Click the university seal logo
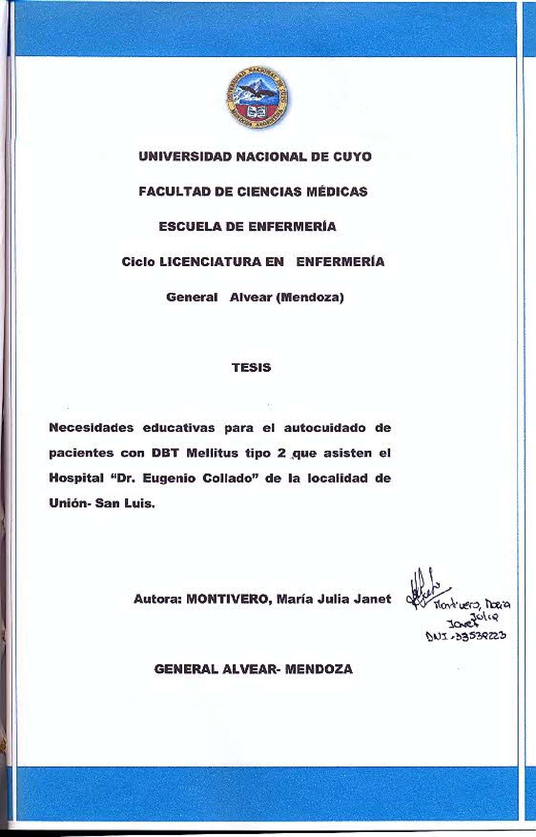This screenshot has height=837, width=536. coord(257,98)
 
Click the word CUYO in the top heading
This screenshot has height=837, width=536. coord(352,157)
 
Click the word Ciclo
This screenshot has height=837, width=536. coord(138,262)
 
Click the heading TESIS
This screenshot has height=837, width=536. coord(251,368)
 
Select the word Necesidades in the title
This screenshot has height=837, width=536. coord(91,428)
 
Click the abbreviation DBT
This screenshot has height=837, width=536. coord(165,453)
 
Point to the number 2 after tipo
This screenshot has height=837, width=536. coord(281,453)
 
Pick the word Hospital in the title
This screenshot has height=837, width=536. coord(76,478)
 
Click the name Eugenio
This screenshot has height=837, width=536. coord(169,479)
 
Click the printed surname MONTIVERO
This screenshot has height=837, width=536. coord(229,599)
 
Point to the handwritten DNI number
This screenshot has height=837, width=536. coord(466,636)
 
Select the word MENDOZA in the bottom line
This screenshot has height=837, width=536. coord(319,669)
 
